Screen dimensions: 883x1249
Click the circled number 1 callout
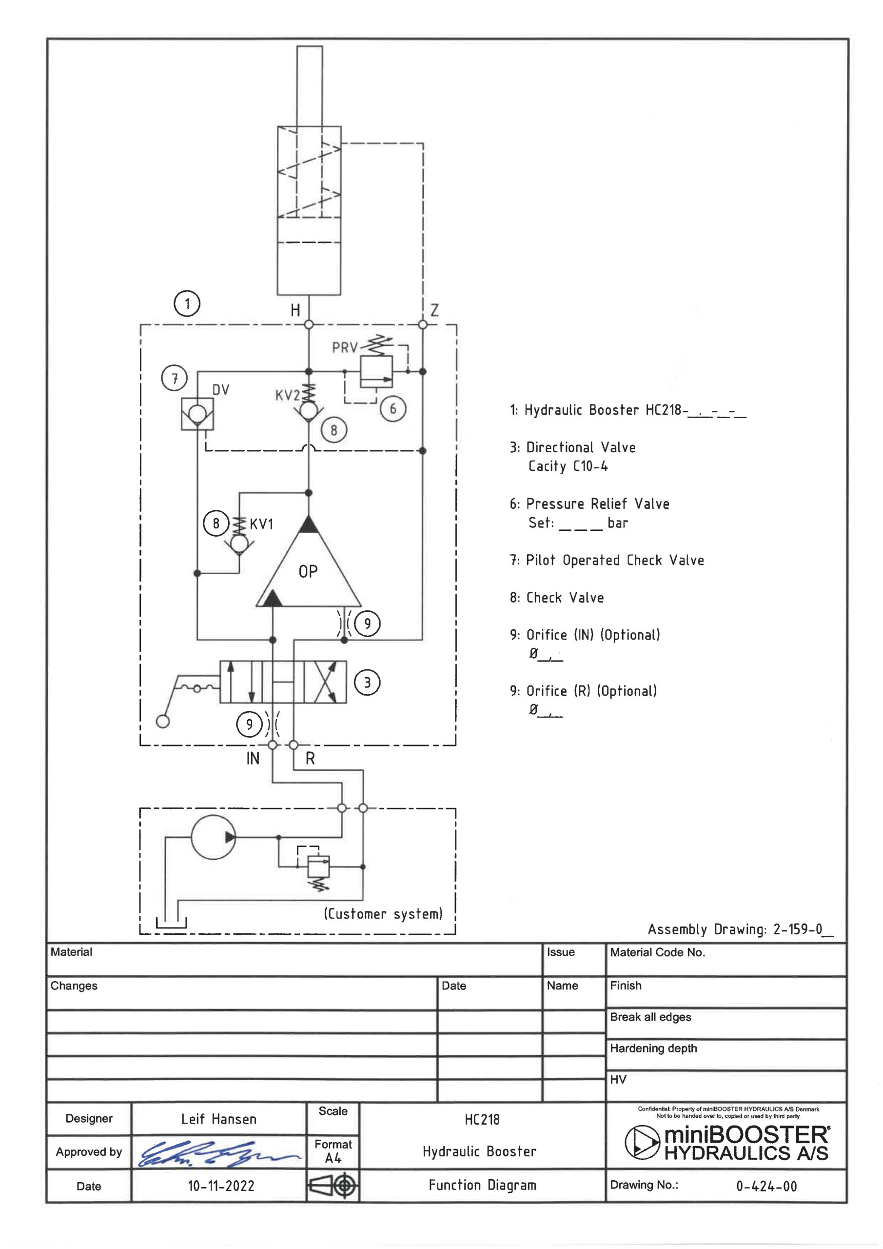[187, 303]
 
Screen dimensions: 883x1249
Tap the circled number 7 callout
[175, 378]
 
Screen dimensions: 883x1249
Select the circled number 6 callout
[393, 408]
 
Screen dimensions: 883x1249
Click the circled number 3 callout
[368, 682]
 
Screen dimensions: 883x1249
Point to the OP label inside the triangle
[308, 571]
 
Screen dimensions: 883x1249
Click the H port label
[295, 310]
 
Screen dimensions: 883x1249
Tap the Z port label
[434, 310]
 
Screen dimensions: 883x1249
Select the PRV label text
[345, 347]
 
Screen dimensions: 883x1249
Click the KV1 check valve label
[261, 524]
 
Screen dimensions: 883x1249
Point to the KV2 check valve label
[288, 395]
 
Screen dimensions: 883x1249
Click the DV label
[221, 389]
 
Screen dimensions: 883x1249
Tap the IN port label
[253, 758]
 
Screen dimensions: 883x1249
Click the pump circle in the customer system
[214, 837]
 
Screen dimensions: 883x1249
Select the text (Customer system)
[383, 913]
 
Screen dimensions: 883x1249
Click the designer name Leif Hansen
[218, 1119]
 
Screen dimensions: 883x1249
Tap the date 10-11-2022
[221, 1186]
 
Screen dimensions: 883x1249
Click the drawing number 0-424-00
[766, 1187]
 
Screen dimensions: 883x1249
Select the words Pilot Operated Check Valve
[615, 560]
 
